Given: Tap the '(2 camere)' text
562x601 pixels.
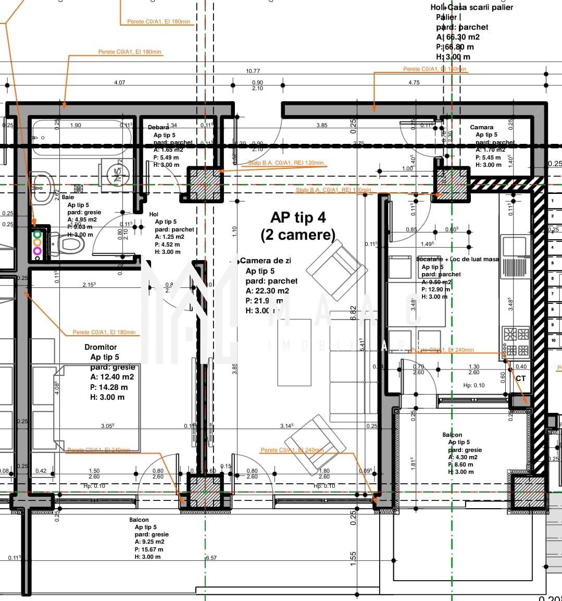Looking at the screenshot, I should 297,235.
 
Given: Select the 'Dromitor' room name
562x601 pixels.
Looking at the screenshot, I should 101,347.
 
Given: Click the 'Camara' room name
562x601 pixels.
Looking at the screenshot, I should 481,127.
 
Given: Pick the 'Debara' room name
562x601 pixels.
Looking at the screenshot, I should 158,127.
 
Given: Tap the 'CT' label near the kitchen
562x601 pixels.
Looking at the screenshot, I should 520,378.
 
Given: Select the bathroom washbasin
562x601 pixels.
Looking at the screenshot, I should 42,183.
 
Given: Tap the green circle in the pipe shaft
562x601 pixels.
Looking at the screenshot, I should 38,234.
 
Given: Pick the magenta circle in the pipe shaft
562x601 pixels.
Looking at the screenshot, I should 38,251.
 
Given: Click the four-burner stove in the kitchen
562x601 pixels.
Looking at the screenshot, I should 516,341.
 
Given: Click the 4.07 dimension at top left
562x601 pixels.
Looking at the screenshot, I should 119,82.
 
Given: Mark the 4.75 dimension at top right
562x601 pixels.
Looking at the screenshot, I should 414,82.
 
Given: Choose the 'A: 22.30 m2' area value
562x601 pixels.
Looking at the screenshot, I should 267,291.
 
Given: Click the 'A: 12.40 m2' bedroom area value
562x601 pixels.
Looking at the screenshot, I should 112,377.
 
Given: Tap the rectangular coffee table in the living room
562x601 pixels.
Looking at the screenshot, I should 294,352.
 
